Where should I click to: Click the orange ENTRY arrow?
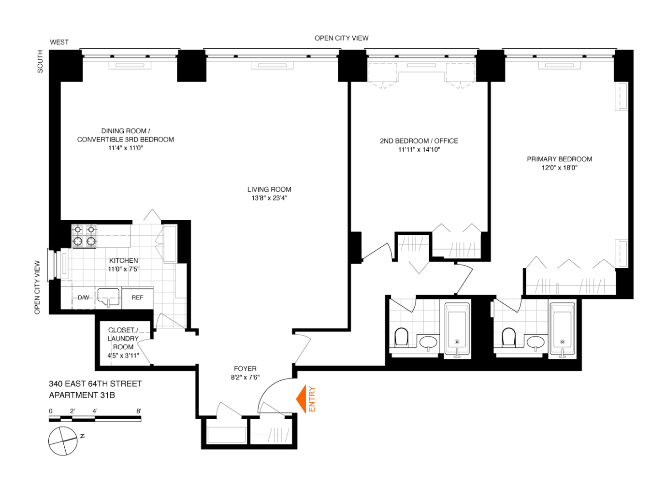pyautogui.click(x=302, y=399)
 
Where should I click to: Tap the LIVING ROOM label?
pyautogui.click(x=269, y=189)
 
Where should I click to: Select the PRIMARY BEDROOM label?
pyautogui.click(x=559, y=159)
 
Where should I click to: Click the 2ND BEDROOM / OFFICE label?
pyautogui.click(x=419, y=141)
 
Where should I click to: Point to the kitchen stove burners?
pyautogui.click(x=85, y=236)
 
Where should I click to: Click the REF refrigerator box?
pyautogui.click(x=137, y=298)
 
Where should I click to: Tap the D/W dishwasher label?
pyautogui.click(x=84, y=298)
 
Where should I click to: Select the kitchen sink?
pyautogui.click(x=109, y=296)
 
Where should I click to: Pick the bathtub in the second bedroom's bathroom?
pyautogui.click(x=457, y=329)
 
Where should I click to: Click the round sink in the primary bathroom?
pyautogui.click(x=535, y=342)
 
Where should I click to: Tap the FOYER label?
pyautogui.click(x=245, y=369)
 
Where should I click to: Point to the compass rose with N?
pyautogui.click(x=63, y=440)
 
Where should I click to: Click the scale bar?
pyautogui.click(x=95, y=418)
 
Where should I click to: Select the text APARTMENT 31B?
pyautogui.click(x=82, y=395)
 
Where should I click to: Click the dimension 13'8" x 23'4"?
pyautogui.click(x=269, y=198)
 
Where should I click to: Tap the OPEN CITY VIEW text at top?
pyautogui.click(x=341, y=38)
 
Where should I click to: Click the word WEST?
pyautogui.click(x=59, y=42)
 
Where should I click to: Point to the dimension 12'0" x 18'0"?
pyautogui.click(x=559, y=168)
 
